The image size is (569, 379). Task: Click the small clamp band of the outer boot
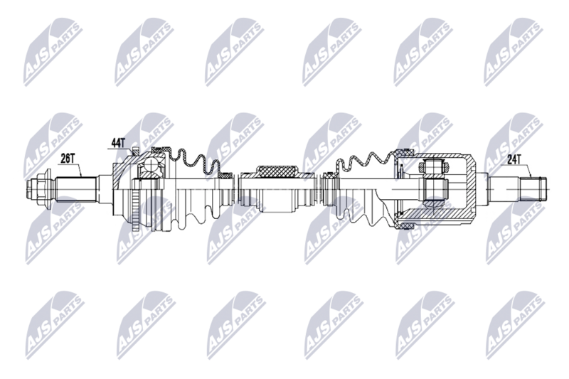[225, 174]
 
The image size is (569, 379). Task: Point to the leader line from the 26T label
[80, 170]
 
